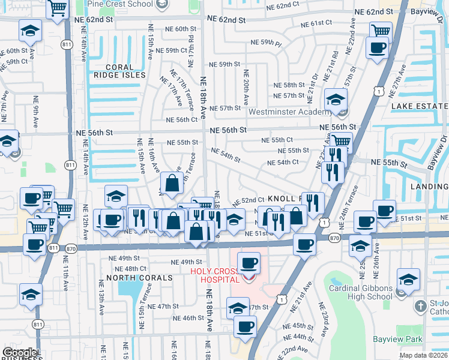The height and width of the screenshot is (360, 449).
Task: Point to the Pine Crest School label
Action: pos(120,4)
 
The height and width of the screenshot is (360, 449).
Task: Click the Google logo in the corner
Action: pos(19,353)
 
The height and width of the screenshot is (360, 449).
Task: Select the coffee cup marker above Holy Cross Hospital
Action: pos(249,262)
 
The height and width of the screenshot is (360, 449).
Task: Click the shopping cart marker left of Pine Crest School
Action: pos(57,8)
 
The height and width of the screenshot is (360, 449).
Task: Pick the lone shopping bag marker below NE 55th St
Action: pos(172,184)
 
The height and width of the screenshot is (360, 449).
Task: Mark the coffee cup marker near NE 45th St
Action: pos(244,327)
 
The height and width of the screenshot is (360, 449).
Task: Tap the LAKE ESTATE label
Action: pos(419,106)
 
